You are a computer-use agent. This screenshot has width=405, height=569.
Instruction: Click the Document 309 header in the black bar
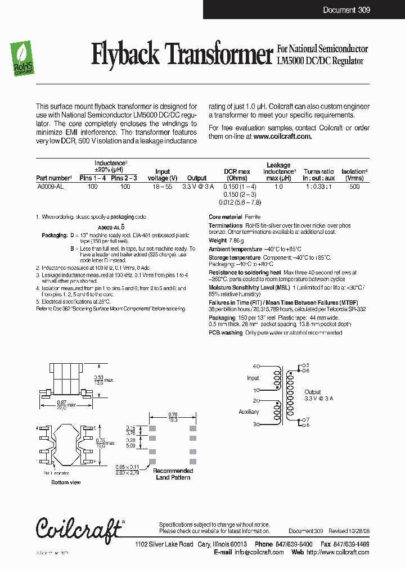click(346, 10)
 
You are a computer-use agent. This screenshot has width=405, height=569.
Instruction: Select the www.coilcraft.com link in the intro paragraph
click(282, 136)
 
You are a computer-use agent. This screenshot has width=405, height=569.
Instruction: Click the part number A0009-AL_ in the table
click(51, 186)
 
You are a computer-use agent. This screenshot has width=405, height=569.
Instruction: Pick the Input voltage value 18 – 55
click(162, 186)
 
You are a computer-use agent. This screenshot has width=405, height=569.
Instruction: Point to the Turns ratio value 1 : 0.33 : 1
click(319, 186)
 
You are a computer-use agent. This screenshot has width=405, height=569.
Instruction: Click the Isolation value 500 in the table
click(354, 186)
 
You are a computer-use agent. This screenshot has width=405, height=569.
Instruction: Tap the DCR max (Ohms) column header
click(237, 174)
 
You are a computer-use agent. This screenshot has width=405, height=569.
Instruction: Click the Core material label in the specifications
click(225, 217)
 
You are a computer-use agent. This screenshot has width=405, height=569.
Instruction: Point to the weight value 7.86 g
click(237, 241)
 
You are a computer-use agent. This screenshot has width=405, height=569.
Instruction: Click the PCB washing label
click(226, 333)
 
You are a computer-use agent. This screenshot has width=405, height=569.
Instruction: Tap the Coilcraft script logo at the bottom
click(79, 527)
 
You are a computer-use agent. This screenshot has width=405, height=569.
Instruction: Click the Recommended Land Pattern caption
click(173, 474)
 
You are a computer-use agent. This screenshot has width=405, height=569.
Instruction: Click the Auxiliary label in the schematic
click(249, 412)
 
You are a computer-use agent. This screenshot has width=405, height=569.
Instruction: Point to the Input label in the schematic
click(253, 378)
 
